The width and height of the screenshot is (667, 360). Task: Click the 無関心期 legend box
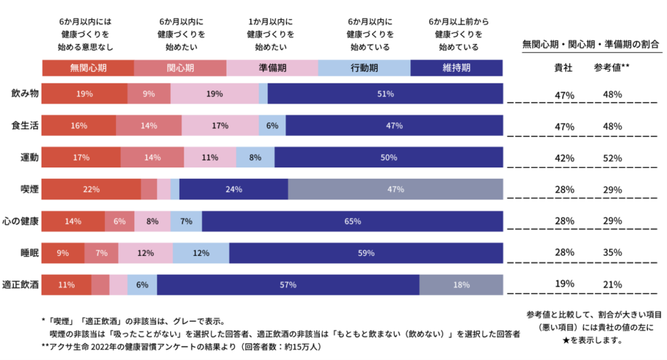click(88, 68)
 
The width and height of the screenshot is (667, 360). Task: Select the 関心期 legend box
click(180, 68)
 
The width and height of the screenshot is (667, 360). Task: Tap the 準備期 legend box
click(272, 68)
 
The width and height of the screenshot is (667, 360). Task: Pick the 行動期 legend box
click(364, 68)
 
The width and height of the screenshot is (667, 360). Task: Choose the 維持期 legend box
click(457, 68)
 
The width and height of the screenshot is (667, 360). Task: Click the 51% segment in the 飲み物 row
click(385, 94)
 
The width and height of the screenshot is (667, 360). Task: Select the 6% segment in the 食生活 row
click(272, 126)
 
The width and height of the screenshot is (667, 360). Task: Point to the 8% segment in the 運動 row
click(255, 157)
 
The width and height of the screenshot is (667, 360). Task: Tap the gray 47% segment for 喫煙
click(395, 189)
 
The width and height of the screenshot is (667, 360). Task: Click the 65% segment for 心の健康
click(352, 221)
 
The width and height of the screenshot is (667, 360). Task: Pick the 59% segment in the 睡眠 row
click(366, 253)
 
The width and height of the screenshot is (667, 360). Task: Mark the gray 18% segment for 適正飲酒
click(461, 284)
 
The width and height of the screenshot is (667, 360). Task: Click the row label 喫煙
click(29, 189)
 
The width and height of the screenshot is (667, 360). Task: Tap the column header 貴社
click(564, 67)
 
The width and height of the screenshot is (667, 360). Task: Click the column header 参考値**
click(612, 67)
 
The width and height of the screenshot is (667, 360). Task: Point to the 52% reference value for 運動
click(612, 158)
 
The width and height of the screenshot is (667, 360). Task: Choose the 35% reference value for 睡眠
click(612, 252)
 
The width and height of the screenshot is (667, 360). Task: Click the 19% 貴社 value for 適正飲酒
click(565, 284)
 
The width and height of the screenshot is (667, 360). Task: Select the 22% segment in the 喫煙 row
click(91, 189)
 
